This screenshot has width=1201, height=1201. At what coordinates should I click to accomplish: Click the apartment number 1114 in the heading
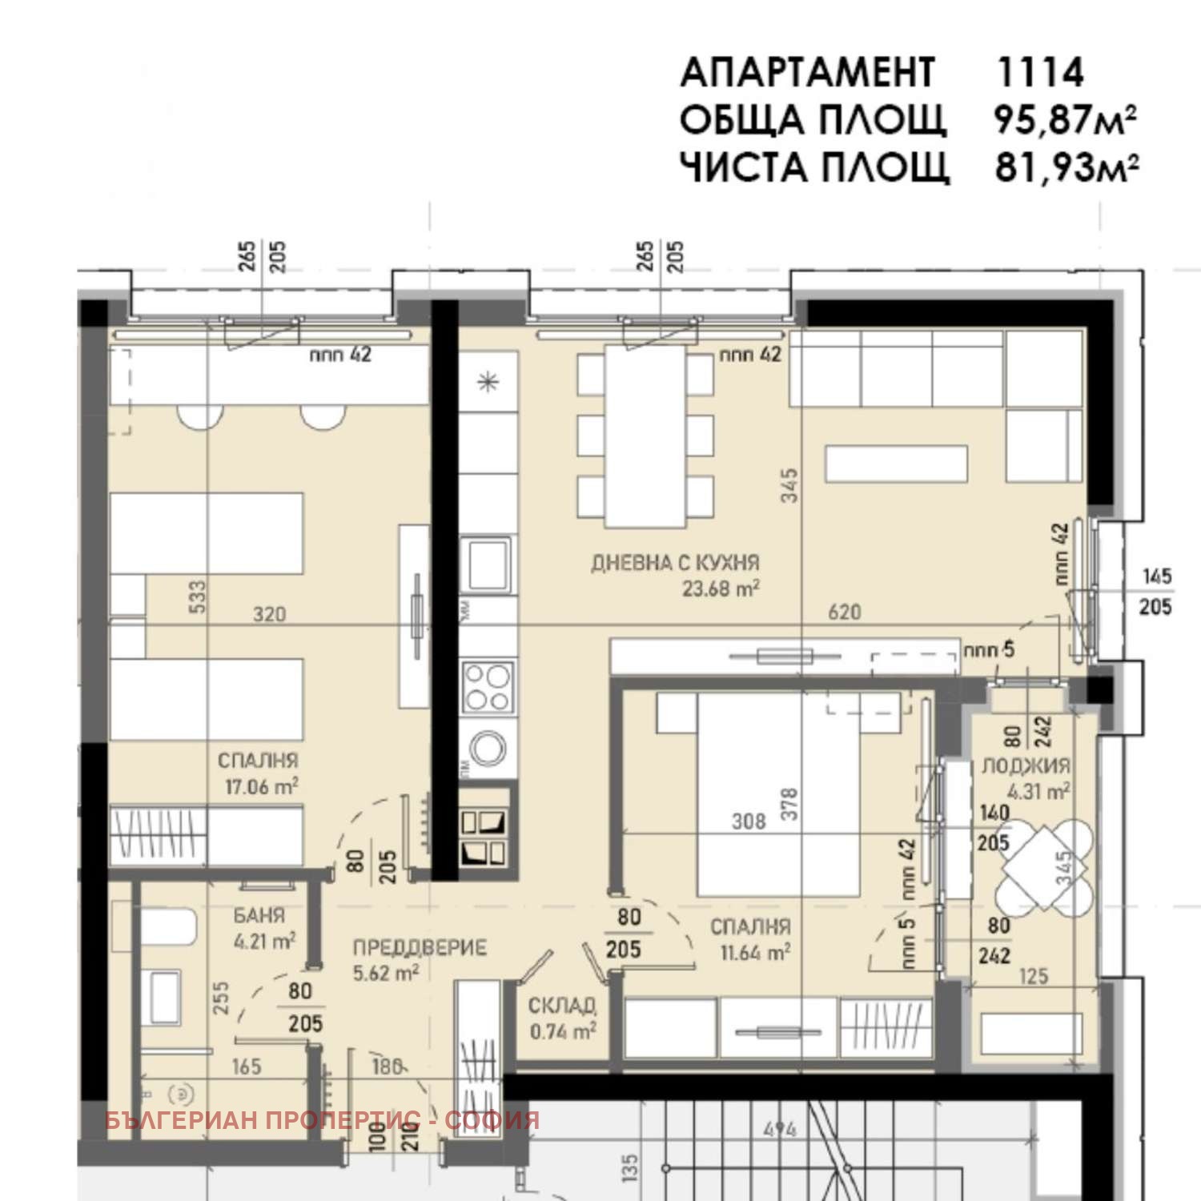[1039, 73]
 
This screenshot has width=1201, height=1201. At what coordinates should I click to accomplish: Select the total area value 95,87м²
[1065, 120]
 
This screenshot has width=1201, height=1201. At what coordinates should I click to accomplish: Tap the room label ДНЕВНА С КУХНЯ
[675, 563]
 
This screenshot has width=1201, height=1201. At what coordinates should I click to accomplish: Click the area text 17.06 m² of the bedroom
[261, 787]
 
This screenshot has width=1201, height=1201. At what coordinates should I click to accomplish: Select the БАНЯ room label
[259, 915]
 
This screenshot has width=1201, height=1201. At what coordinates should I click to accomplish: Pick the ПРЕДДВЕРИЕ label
[420, 948]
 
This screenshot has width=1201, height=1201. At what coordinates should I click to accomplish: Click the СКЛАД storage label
[562, 1006]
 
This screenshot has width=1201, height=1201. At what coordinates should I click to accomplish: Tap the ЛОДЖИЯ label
[1026, 766]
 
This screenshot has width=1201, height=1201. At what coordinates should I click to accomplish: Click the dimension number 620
[844, 613]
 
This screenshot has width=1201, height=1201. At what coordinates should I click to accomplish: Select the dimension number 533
[197, 596]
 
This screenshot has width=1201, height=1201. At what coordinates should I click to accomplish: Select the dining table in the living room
[645, 436]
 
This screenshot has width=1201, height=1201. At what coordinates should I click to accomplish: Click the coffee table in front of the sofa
[896, 464]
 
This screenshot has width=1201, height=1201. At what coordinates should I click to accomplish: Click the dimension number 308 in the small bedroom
[749, 821]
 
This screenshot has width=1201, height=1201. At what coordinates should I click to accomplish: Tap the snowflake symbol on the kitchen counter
[487, 383]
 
